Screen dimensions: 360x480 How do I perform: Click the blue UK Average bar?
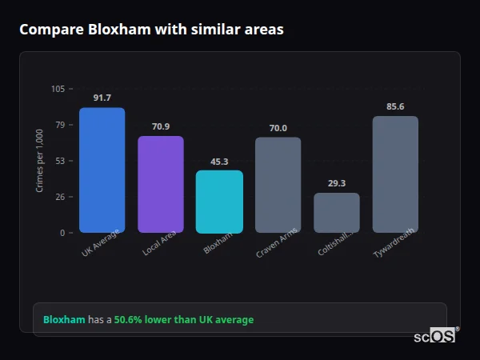click(102, 170)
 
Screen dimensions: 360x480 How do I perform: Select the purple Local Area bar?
click(161, 185)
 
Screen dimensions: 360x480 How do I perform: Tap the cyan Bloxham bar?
click(219, 202)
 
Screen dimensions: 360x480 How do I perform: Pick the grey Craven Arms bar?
click(278, 185)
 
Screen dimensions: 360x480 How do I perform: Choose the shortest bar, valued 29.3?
click(337, 213)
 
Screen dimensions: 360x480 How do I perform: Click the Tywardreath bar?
click(395, 174)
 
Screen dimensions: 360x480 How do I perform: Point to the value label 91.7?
click(102, 98)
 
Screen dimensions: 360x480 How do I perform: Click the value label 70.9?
click(161, 126)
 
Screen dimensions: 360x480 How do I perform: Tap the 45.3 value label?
click(219, 161)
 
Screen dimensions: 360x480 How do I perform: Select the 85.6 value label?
click(395, 106)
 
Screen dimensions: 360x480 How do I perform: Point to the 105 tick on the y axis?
click(58, 89)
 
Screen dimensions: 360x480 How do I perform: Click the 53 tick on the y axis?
click(59, 161)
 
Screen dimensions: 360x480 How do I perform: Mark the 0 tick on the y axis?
click(62, 233)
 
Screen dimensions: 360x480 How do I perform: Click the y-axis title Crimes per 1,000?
click(39, 161)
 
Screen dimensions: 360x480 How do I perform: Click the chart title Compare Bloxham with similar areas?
click(151, 30)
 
